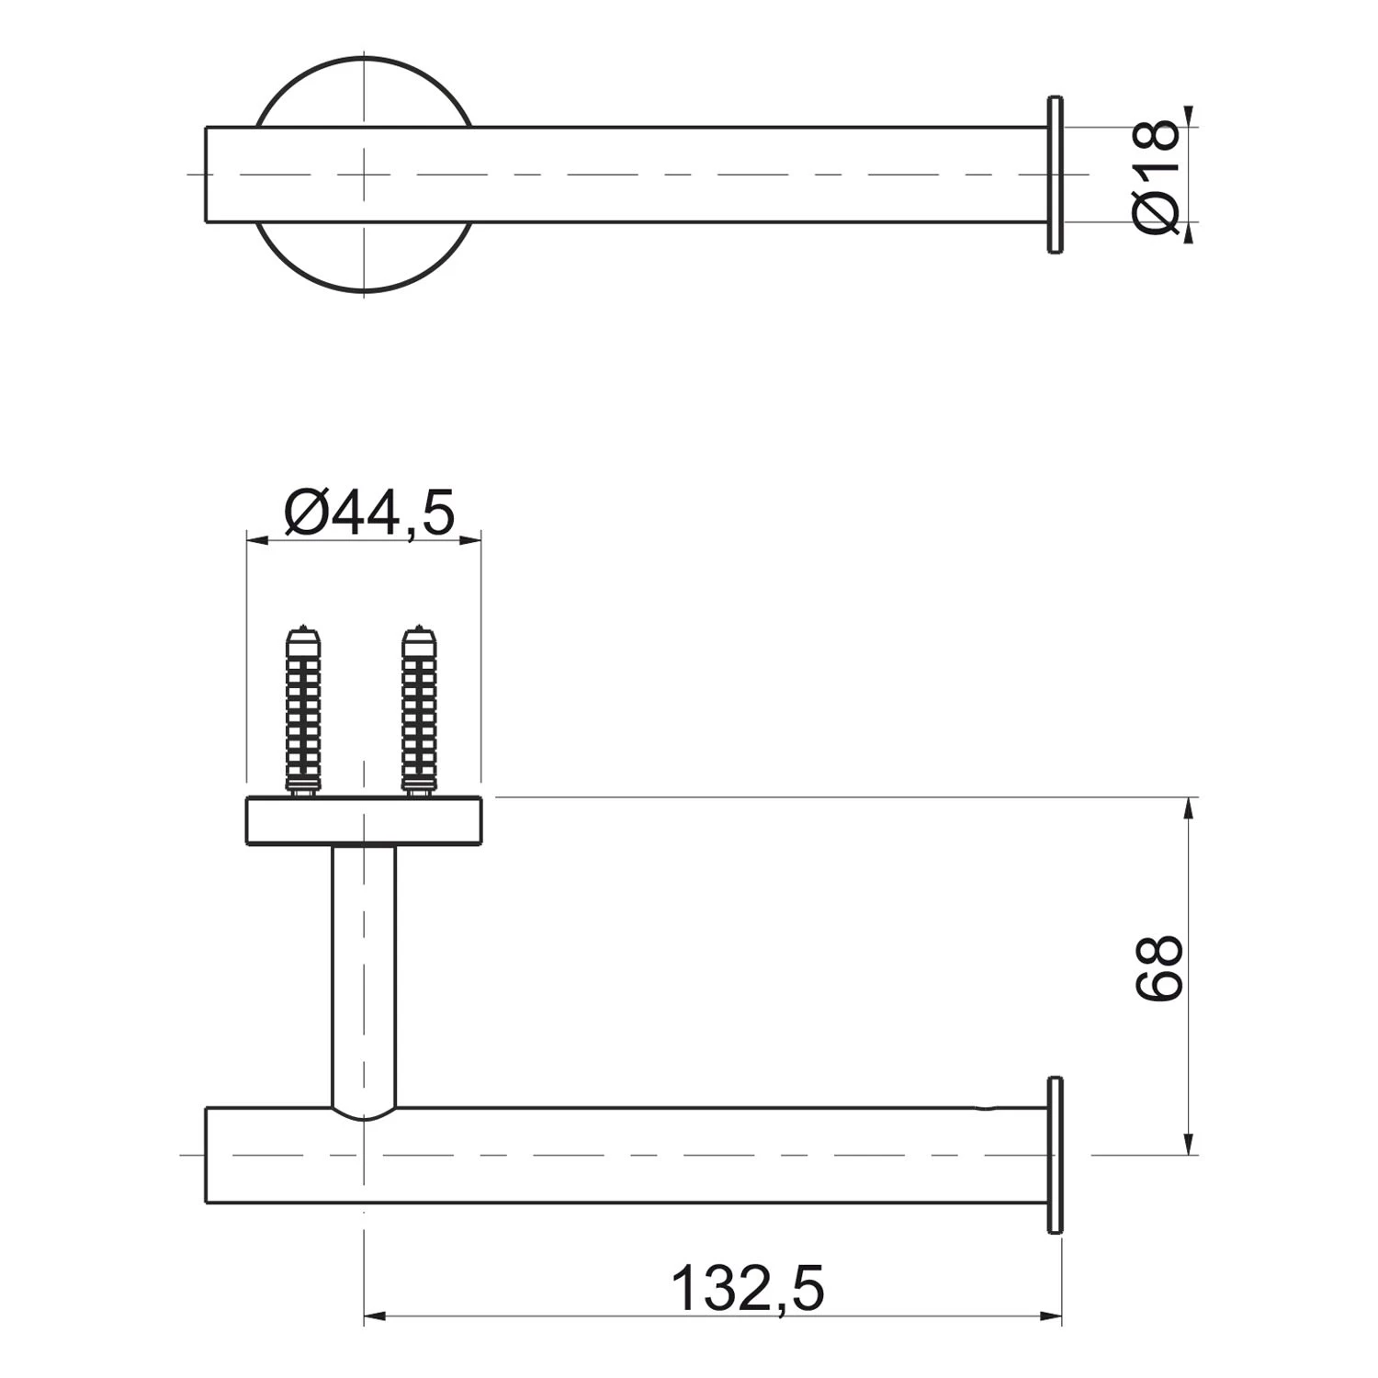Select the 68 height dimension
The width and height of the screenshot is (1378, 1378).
point(1158,968)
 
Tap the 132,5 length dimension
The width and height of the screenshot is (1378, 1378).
point(748,1289)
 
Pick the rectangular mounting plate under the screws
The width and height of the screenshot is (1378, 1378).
point(364,820)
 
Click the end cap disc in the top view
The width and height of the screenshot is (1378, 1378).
point(1055,174)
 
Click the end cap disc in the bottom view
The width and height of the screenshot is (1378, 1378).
point(1055,1154)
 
